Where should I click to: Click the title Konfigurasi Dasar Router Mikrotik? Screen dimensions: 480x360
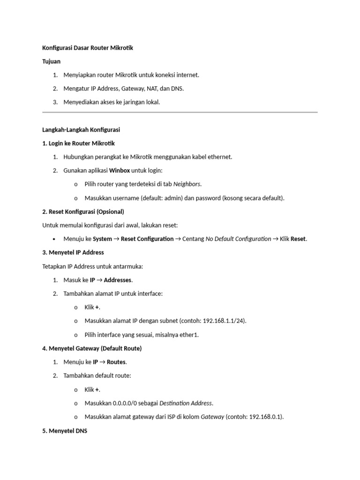88,48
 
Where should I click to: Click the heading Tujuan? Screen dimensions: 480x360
51,61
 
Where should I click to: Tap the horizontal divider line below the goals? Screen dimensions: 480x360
180,112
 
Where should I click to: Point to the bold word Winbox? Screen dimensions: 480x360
120,170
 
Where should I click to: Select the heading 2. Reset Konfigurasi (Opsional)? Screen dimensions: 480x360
83,211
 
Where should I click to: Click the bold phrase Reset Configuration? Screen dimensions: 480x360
147,239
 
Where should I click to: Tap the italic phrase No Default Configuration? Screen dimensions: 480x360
238,239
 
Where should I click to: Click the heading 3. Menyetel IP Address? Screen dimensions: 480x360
73,252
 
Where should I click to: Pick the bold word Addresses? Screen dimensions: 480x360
118,280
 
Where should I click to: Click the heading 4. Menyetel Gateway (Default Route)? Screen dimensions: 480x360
92,348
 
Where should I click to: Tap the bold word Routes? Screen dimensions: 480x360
117,362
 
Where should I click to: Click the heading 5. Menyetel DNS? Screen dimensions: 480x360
65,430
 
